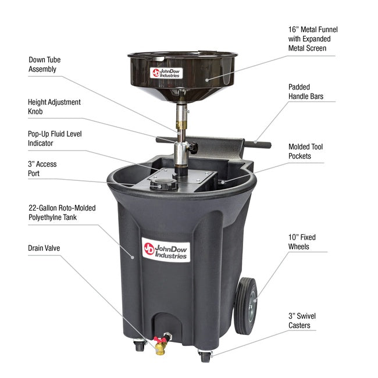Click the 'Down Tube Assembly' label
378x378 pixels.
45,65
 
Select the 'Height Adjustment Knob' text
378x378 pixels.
55,107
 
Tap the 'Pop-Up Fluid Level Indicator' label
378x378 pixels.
55,138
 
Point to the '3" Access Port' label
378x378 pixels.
42,169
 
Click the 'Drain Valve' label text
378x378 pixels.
44,248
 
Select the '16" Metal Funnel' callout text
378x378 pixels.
313,38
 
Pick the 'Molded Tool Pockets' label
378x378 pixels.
305,151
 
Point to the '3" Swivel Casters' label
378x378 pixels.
302,321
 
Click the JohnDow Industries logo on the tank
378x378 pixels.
165,249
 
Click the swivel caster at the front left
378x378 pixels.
140,347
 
